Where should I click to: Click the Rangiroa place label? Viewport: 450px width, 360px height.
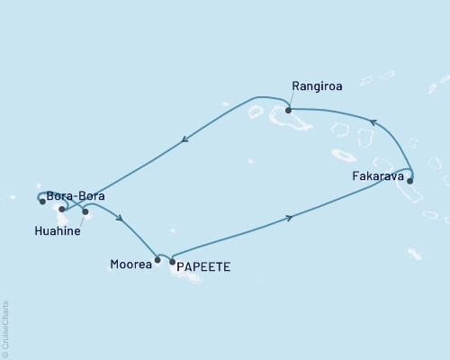(x=316, y=87)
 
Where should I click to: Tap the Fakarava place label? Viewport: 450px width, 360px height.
(x=376, y=177)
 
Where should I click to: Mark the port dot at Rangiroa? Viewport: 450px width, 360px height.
(x=288, y=111)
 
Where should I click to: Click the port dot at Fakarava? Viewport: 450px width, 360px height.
(x=410, y=181)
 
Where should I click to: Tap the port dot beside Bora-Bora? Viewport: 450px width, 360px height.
(x=42, y=202)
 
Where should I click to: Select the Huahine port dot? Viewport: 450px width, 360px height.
(x=85, y=212)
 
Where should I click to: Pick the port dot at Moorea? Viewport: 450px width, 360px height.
(x=157, y=261)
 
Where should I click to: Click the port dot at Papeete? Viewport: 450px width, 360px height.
(x=172, y=262)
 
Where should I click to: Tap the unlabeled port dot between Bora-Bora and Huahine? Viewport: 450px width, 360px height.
(x=62, y=209)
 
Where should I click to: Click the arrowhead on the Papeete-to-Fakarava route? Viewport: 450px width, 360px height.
(x=289, y=217)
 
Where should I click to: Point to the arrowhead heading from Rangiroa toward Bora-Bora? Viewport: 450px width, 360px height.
(x=184, y=139)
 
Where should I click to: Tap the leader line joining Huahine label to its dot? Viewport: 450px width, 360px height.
(x=80, y=220)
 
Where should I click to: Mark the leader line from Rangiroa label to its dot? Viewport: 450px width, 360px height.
(x=290, y=100)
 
